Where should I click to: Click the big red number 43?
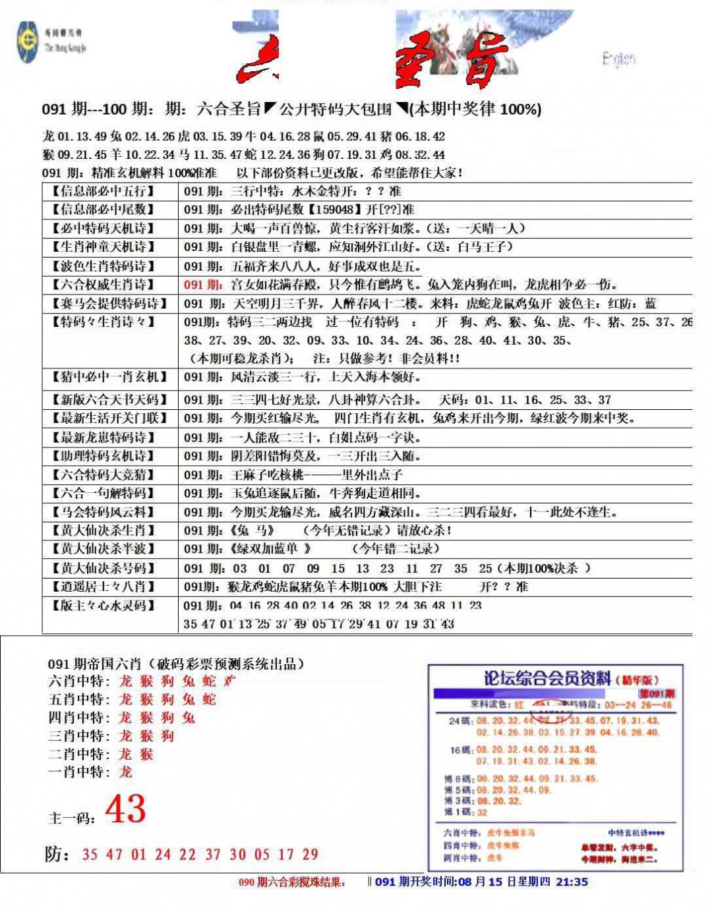(x=125, y=809)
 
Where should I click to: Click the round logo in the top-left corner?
(x=28, y=42)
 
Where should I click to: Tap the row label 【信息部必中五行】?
(x=104, y=192)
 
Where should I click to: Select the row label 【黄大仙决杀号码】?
(x=104, y=568)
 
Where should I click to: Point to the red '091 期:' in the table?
(x=203, y=285)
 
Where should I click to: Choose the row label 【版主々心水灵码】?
(x=104, y=606)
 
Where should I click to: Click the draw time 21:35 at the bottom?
(x=572, y=882)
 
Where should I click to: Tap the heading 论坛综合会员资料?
(x=547, y=678)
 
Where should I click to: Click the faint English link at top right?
(x=618, y=59)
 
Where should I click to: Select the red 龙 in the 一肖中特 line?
(x=125, y=772)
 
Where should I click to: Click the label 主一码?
(x=71, y=818)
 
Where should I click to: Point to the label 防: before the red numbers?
(x=57, y=854)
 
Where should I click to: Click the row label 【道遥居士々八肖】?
(x=104, y=586)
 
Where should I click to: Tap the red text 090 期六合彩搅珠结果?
(x=291, y=882)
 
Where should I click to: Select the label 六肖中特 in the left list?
(x=78, y=681)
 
